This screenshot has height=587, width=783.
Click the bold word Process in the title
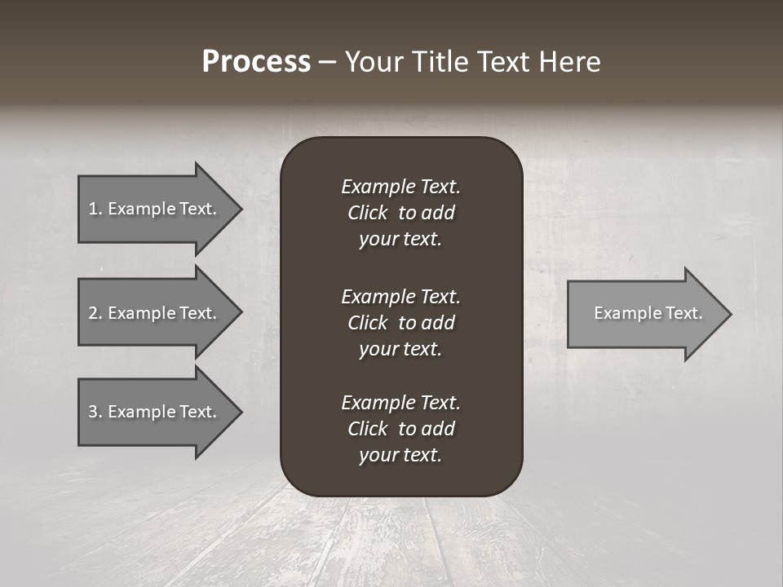256,62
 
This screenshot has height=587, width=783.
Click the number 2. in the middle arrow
95,313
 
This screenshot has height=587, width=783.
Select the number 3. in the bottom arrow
95,412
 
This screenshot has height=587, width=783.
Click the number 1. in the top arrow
95,209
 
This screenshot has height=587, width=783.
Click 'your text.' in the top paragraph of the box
400,240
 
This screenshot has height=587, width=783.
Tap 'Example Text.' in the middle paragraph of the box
400,296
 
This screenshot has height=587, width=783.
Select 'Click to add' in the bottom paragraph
400,429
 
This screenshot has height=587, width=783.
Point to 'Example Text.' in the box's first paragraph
400,187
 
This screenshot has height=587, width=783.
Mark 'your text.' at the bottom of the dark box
400,456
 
